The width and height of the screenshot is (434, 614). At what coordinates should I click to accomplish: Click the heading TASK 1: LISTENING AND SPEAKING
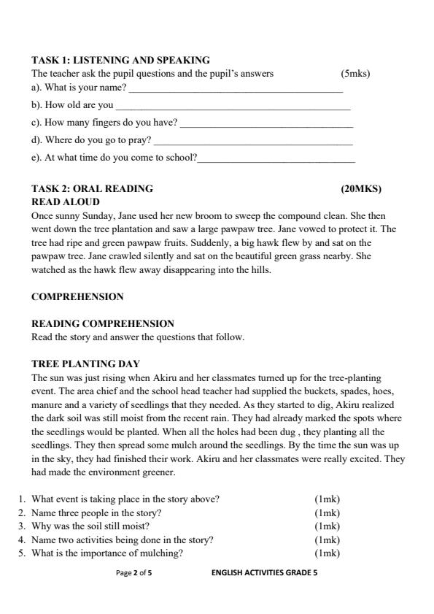click(120, 60)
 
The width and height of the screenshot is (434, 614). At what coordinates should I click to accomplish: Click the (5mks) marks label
click(355, 74)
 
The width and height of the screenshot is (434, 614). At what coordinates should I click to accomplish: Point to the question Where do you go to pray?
click(92, 140)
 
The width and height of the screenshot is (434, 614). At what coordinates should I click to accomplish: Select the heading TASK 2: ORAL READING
click(93, 188)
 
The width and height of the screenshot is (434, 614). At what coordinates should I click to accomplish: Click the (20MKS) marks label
click(361, 188)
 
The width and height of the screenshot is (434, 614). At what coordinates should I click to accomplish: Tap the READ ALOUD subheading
click(66, 202)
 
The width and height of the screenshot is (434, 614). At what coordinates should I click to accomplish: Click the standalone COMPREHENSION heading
click(77, 296)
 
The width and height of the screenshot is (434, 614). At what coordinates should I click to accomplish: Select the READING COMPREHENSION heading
click(103, 323)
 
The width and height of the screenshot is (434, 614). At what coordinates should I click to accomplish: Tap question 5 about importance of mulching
click(106, 553)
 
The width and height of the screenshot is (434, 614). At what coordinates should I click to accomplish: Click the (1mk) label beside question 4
click(327, 540)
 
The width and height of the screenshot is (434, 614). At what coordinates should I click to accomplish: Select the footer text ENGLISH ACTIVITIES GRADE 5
click(264, 573)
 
